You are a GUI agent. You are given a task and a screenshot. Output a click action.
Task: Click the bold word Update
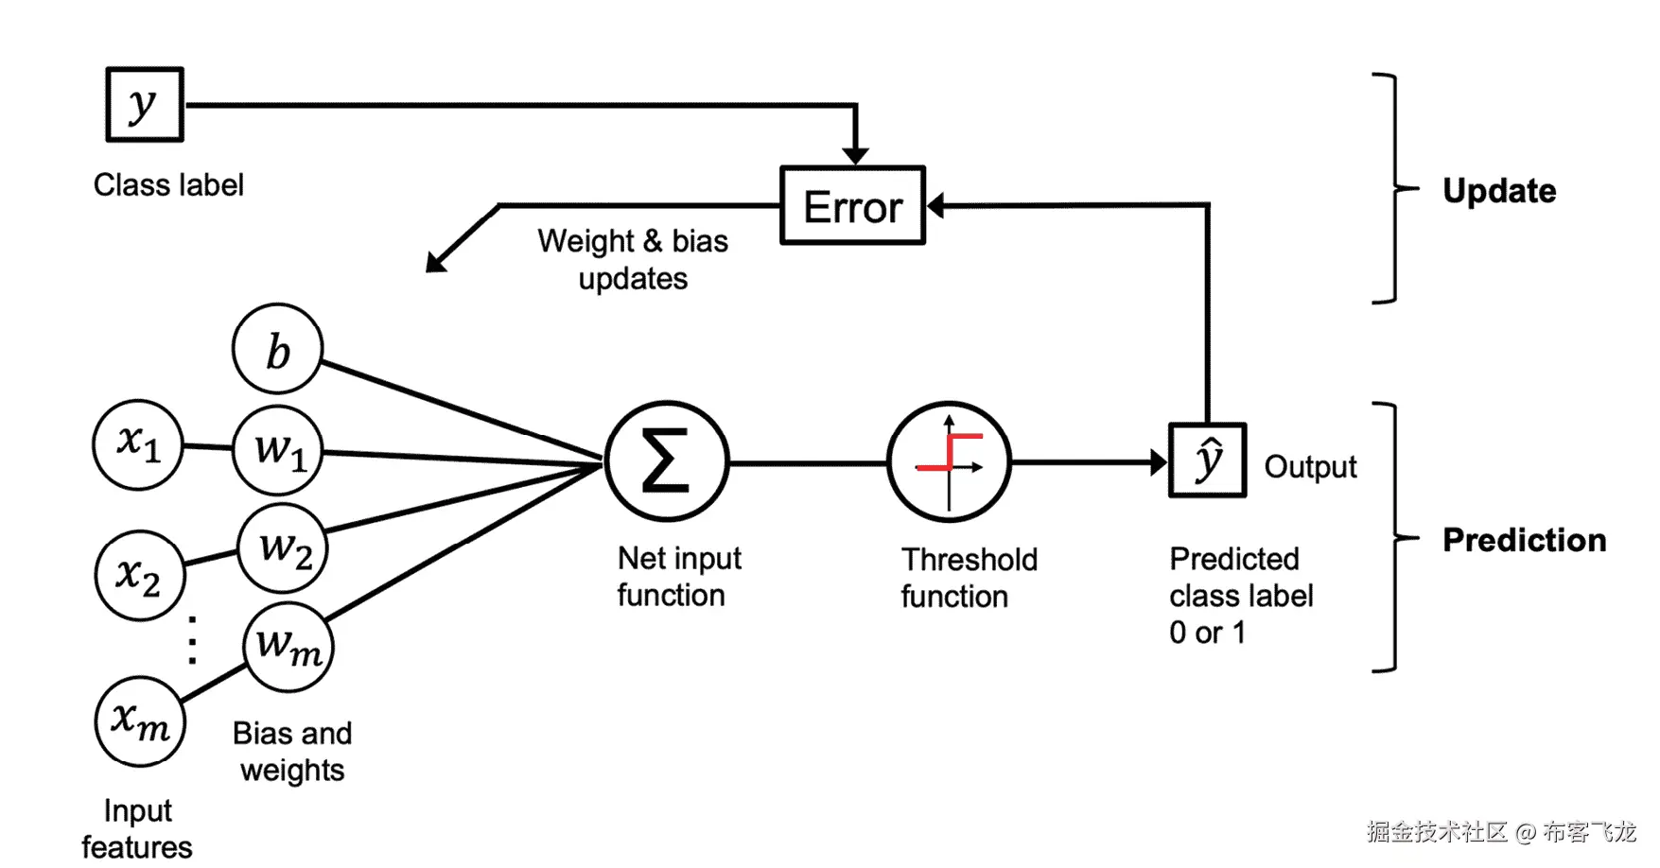(x=1499, y=191)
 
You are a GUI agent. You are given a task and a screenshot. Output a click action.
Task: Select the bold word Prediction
(x=1524, y=540)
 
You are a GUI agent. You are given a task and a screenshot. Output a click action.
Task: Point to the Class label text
(x=168, y=184)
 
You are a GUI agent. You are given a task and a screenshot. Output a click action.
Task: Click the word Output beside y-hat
(x=1310, y=467)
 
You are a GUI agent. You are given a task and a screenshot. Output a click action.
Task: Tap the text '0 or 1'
(x=1207, y=633)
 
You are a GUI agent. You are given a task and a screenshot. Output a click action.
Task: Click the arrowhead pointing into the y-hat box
(x=1159, y=462)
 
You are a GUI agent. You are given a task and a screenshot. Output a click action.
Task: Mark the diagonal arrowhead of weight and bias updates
(x=436, y=262)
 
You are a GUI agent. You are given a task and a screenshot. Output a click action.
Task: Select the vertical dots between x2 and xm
(x=193, y=640)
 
